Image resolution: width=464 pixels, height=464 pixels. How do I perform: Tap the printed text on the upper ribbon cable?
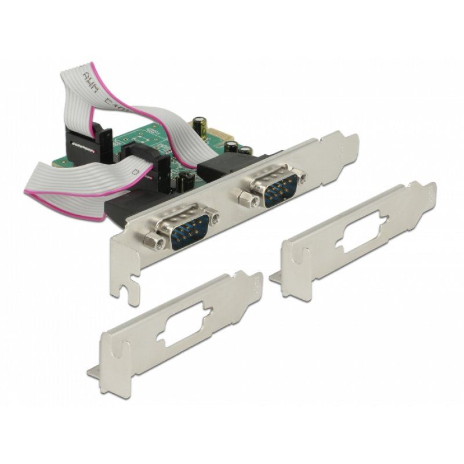[x=96, y=87]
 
